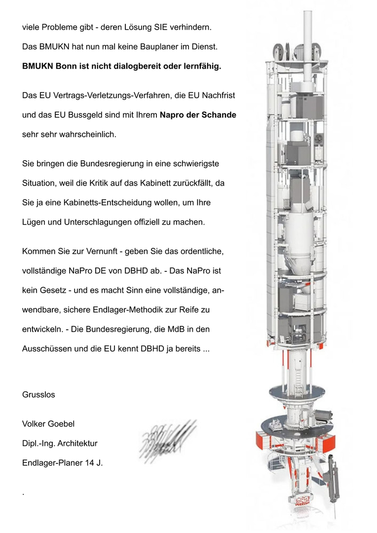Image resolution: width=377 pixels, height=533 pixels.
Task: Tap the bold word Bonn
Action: tap(67, 66)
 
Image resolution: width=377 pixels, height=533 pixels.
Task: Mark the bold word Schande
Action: tap(218, 115)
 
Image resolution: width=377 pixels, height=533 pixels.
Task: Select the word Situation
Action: tap(41, 183)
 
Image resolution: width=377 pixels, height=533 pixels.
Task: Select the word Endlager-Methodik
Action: tap(173, 310)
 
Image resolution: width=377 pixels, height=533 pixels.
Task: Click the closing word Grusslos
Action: tap(38, 395)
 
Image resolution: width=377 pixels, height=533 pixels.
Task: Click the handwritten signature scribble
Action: tap(167, 437)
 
